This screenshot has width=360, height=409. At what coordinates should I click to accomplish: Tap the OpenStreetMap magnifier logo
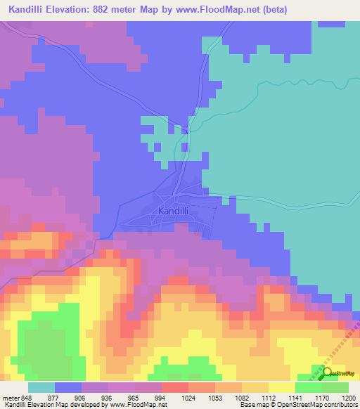[328, 372]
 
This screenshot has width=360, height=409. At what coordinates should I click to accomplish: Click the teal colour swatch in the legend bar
[41, 387]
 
